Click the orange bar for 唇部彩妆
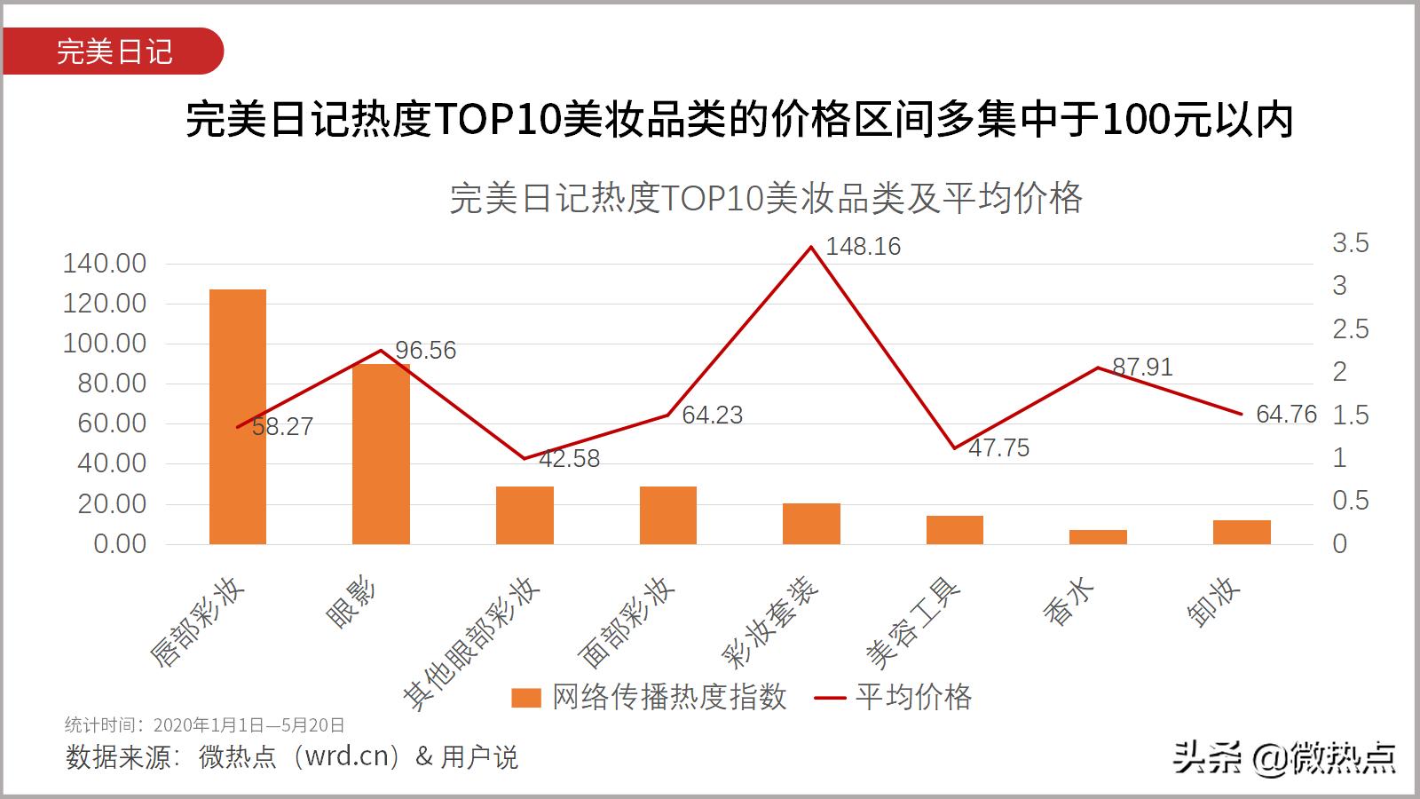(x=238, y=416)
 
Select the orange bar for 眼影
(x=381, y=454)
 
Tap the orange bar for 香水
(x=1098, y=537)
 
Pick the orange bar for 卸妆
(x=1242, y=532)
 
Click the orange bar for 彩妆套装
(x=811, y=524)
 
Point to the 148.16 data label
(x=863, y=247)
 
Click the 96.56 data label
(x=425, y=351)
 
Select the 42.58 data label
(x=569, y=459)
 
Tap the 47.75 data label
(x=998, y=448)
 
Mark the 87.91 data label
(x=1142, y=368)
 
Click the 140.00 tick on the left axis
(x=105, y=264)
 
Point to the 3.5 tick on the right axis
(x=1350, y=243)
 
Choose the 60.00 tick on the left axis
(x=112, y=423)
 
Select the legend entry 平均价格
(x=894, y=698)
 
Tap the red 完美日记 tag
(x=114, y=51)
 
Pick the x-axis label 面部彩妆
(x=627, y=623)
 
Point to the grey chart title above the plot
(x=766, y=198)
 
